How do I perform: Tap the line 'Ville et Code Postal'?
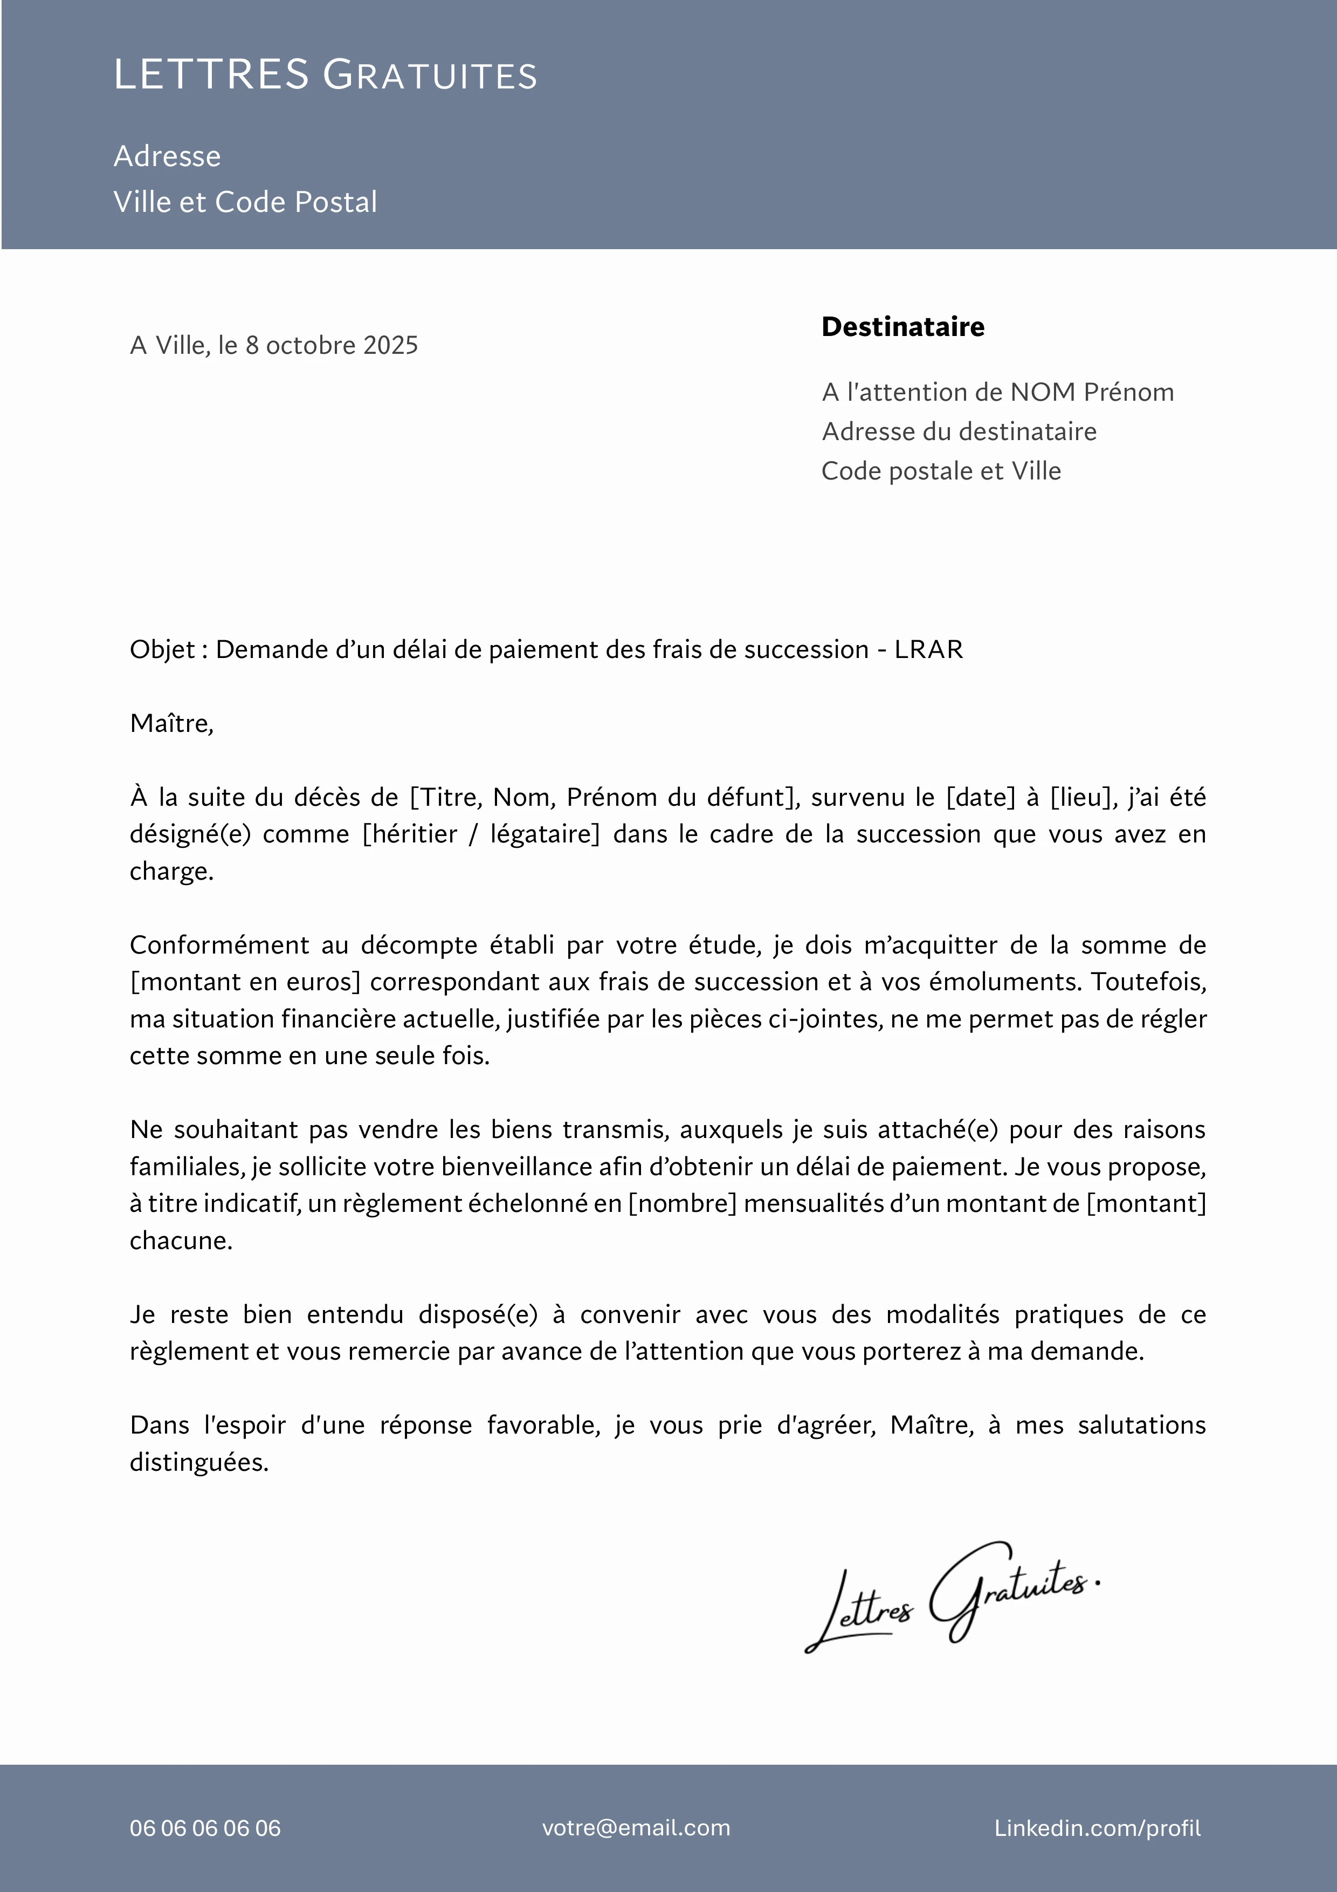tap(245, 202)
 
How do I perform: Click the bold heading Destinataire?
tap(903, 327)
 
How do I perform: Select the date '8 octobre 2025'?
tap(331, 345)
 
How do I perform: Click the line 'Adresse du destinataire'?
tap(959, 432)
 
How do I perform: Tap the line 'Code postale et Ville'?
tap(941, 471)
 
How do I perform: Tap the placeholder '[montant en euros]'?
tap(245, 982)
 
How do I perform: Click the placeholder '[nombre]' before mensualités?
tap(682, 1203)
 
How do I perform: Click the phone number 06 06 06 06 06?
tap(205, 1828)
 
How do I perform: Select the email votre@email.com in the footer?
tap(636, 1828)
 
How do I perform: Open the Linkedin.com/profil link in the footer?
tap(1097, 1828)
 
